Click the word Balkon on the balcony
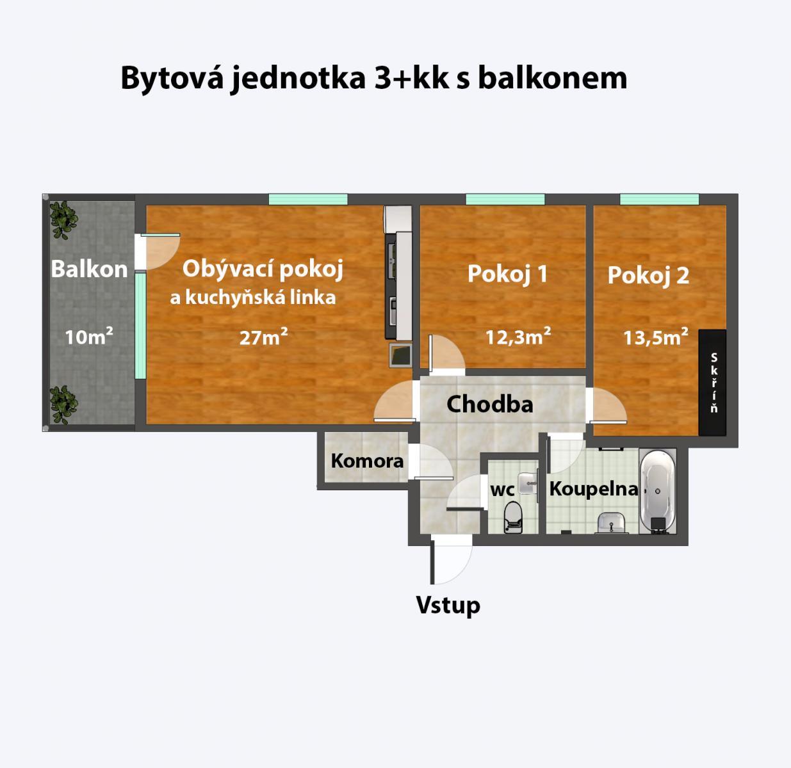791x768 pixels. click(89, 269)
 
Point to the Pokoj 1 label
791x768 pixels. click(507, 274)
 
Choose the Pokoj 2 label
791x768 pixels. click(648, 275)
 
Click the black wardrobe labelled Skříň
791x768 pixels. click(712, 382)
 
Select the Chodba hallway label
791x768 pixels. click(489, 404)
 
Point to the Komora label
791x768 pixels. click(367, 461)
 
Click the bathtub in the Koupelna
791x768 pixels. click(658, 491)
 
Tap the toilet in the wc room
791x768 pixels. click(512, 517)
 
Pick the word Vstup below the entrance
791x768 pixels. click(448, 605)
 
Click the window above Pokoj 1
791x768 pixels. click(505, 199)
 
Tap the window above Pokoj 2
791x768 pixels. click(660, 199)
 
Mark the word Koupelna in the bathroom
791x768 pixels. click(594, 489)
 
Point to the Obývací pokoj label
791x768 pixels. click(263, 269)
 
